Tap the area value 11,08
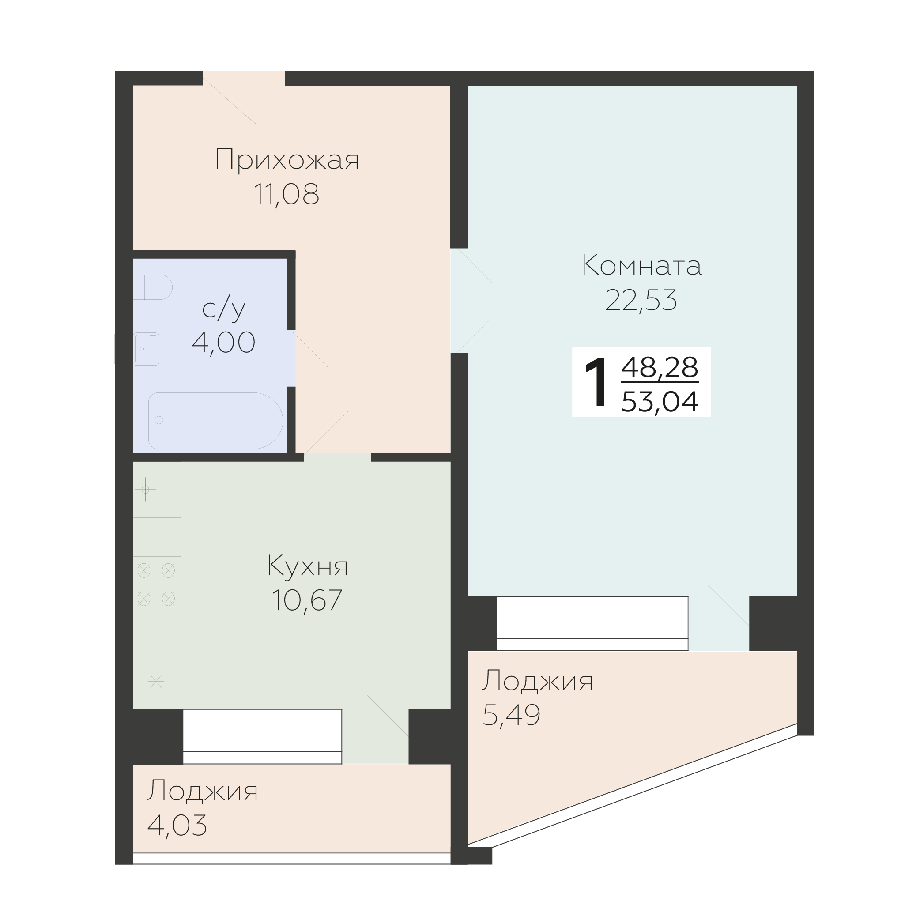click(x=286, y=194)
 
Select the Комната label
click(x=641, y=265)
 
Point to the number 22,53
click(x=641, y=300)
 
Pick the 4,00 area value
click(x=223, y=343)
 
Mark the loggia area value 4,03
click(x=177, y=825)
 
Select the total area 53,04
click(x=660, y=401)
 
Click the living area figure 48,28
click(x=660, y=367)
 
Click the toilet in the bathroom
click(x=153, y=287)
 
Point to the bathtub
click(x=215, y=420)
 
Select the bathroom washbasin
click(x=146, y=349)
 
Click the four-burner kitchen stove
click(x=156, y=584)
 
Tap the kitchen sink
click(x=156, y=490)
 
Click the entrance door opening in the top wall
click(x=244, y=78)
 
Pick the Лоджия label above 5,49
click(x=538, y=681)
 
